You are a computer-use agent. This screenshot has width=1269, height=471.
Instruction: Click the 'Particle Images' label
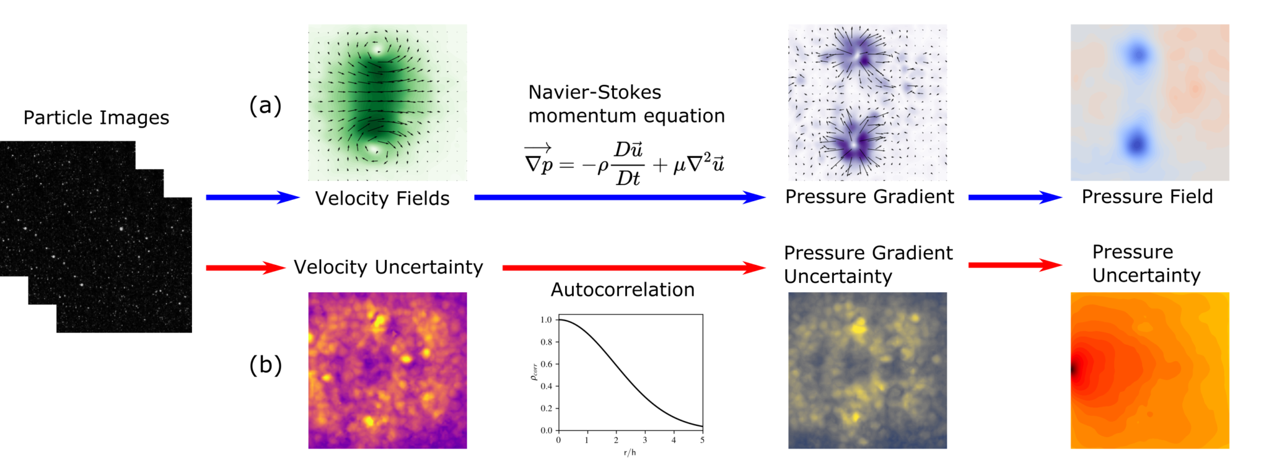(96, 118)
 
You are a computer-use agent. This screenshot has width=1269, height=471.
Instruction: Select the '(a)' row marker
(265, 106)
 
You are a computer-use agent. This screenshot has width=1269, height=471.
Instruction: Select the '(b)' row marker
(265, 365)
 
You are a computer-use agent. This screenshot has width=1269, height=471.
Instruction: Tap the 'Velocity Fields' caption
(382, 199)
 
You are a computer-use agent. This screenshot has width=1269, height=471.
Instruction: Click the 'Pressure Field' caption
(1147, 197)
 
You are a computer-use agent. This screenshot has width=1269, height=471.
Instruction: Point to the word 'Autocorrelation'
(622, 290)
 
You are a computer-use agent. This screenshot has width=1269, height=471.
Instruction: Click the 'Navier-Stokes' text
(594, 92)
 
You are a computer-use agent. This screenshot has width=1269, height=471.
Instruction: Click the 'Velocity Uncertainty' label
(388, 267)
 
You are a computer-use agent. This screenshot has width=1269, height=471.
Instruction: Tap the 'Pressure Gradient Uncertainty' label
(867, 264)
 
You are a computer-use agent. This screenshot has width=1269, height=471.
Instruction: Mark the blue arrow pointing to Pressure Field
(1014, 197)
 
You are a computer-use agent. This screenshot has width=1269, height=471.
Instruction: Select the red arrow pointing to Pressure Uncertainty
(1014, 265)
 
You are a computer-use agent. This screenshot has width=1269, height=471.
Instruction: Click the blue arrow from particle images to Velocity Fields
(252, 197)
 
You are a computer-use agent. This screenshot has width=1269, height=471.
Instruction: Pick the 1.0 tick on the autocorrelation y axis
(546, 320)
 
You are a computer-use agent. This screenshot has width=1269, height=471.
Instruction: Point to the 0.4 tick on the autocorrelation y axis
(546, 386)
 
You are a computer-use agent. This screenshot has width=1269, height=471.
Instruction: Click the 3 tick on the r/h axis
(645, 440)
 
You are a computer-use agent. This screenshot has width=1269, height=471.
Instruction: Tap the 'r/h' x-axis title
(630, 452)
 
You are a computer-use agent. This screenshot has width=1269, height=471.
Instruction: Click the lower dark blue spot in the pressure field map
(1136, 144)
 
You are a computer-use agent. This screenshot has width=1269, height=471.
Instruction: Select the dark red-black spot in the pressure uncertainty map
(1075, 369)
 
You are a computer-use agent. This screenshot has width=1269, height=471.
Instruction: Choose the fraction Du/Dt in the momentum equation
(628, 164)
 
